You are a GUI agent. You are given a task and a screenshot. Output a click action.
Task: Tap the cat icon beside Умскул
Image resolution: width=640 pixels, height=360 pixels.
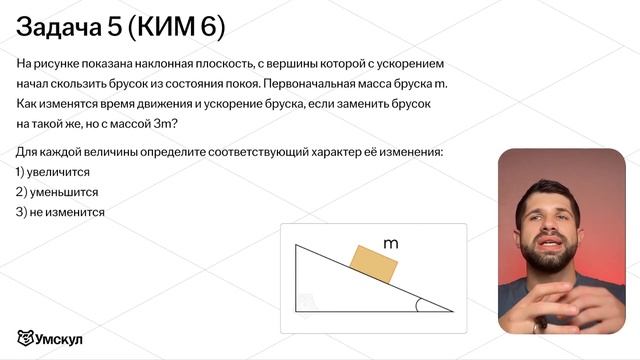(26, 338)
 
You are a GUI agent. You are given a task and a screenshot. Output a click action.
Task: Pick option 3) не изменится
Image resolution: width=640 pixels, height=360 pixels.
(61, 212)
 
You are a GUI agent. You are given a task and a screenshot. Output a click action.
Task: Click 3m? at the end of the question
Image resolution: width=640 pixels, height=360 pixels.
(161, 123)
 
